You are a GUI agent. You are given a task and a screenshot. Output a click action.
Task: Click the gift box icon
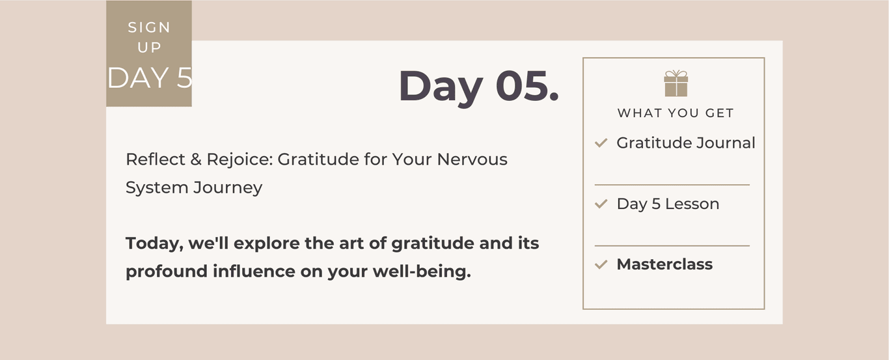tap(676, 83)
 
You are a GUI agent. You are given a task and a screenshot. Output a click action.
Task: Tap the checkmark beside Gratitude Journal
tap(601, 143)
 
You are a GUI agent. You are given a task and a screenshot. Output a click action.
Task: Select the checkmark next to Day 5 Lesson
tap(601, 204)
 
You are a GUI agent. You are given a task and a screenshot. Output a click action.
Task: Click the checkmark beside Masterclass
tap(601, 264)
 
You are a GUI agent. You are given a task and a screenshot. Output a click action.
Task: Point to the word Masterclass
tap(664, 264)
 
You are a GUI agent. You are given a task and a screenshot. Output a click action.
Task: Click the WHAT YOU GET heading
tap(676, 113)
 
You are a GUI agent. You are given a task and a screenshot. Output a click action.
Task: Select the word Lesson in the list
tap(692, 204)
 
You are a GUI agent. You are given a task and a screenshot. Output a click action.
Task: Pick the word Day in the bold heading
tap(441, 88)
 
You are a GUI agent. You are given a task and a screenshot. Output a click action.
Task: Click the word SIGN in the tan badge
tap(149, 27)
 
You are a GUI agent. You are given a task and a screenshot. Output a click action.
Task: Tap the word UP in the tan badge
tap(149, 48)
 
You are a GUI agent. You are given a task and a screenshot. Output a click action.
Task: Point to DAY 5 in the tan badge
tap(150, 78)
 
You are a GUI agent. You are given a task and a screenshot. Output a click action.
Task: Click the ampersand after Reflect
tap(196, 159)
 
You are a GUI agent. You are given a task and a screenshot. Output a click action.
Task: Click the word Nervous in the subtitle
tap(472, 159)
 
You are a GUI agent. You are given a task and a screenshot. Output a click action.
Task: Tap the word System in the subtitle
tap(157, 188)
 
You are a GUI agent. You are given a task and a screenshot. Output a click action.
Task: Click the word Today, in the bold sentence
tap(154, 244)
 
